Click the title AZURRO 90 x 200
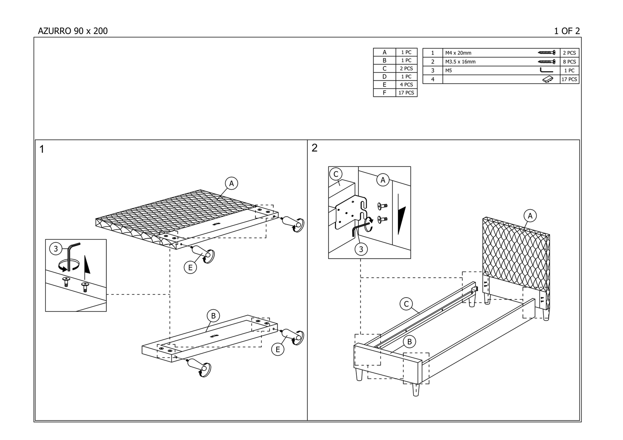(x=73, y=31)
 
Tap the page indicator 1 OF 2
(x=567, y=31)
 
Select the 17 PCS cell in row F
(x=406, y=93)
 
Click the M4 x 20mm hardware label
(x=458, y=53)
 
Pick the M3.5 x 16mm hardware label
(x=460, y=62)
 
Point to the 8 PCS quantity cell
(x=569, y=62)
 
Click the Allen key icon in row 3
(x=546, y=71)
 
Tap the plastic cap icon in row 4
(x=548, y=79)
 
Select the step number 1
(x=42, y=149)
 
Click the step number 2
(x=314, y=148)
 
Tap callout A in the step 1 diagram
(x=231, y=183)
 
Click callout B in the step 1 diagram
(x=213, y=316)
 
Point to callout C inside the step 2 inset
(x=336, y=174)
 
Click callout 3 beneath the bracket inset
(x=361, y=249)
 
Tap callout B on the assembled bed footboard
(x=410, y=342)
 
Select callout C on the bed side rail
(x=407, y=304)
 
